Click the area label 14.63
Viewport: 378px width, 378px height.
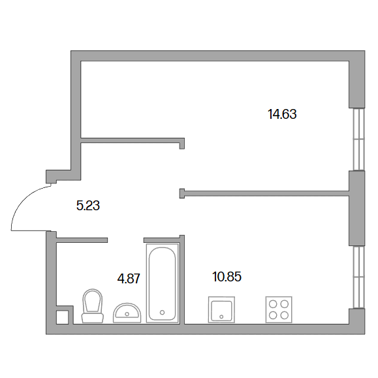click(282, 114)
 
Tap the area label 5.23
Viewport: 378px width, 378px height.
click(88, 206)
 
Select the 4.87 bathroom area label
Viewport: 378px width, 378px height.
click(129, 279)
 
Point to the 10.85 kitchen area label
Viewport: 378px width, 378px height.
click(227, 277)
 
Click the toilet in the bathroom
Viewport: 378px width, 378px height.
click(93, 306)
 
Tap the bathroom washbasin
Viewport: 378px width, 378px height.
click(127, 313)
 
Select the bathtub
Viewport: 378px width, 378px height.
click(163, 283)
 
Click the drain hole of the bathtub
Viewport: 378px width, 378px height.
click(163, 313)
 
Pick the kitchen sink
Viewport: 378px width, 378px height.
click(221, 309)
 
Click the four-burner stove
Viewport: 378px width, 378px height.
click(279, 309)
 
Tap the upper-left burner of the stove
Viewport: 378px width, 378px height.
click(273, 304)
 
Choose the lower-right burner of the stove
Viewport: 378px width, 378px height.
click(285, 315)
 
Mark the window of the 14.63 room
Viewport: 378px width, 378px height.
click(359, 140)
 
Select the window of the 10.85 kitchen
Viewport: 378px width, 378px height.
click(359, 277)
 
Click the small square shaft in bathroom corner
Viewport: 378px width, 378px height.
click(62, 317)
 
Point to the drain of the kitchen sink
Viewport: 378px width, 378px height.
click(221, 317)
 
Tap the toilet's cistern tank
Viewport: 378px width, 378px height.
click(93, 318)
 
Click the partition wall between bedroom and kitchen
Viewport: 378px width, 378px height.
click(264, 193)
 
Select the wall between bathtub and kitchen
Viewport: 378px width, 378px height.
click(182, 279)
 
